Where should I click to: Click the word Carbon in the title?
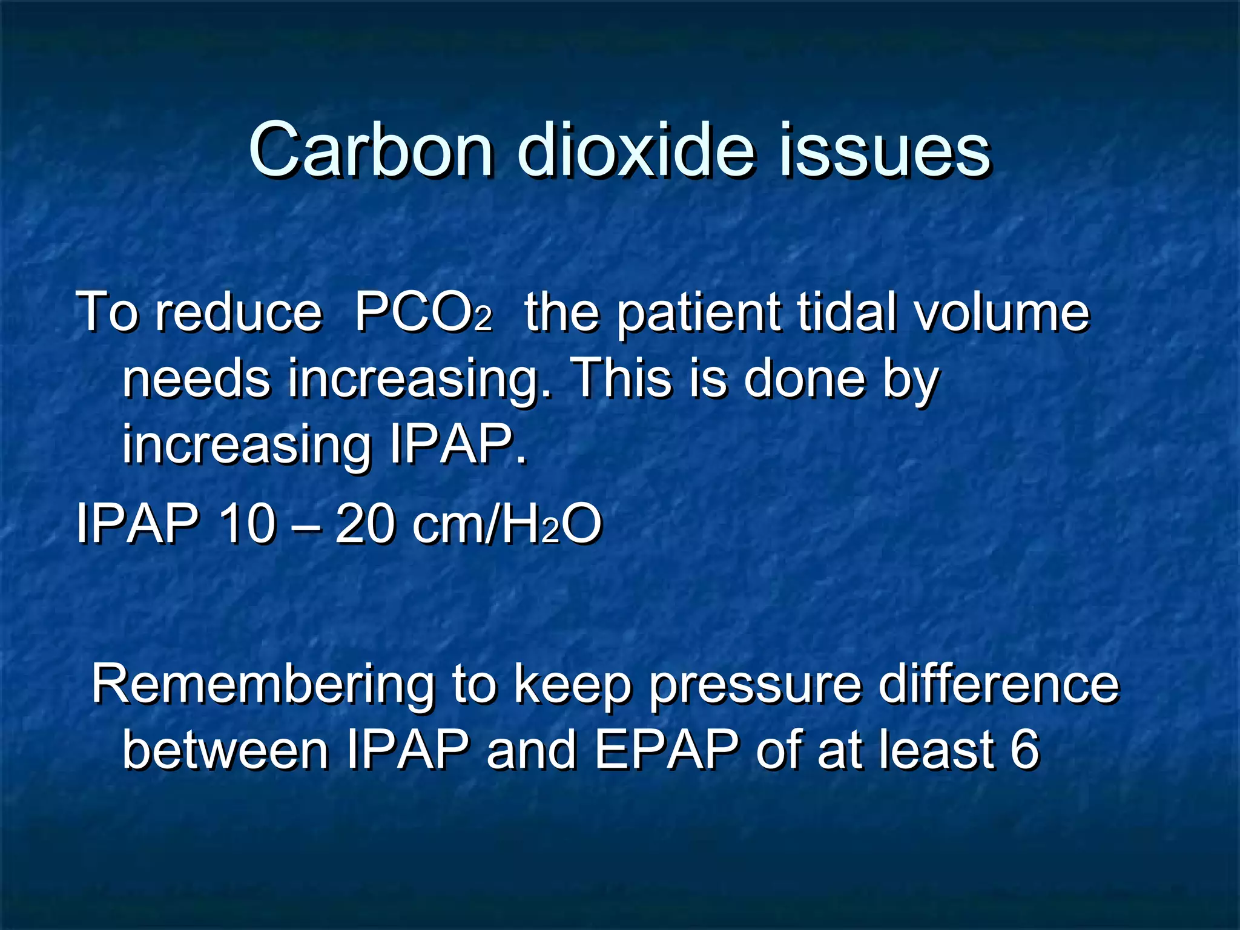(371, 150)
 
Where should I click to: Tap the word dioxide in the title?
(636, 150)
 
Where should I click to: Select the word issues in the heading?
(884, 150)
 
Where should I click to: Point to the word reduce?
(239, 312)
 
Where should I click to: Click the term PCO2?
(423, 314)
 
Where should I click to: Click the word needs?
(196, 379)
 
